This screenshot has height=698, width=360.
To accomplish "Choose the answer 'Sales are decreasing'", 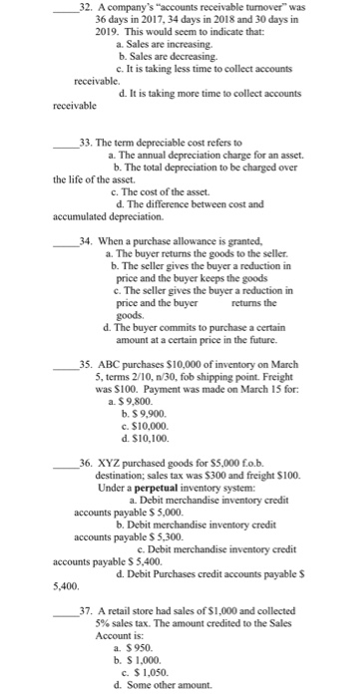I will coord(164,57).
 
